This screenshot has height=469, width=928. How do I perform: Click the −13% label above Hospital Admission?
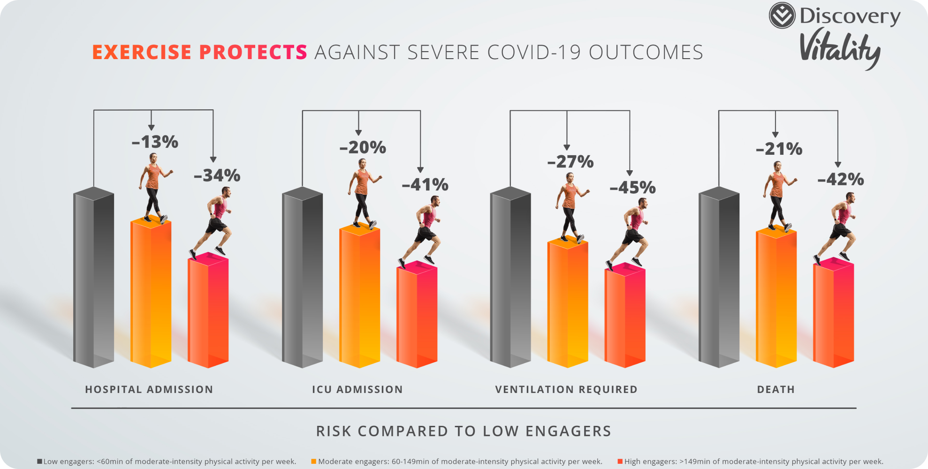click(x=155, y=142)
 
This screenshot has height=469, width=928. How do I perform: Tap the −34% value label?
click(x=217, y=175)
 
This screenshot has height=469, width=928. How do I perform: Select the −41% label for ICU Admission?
click(x=425, y=185)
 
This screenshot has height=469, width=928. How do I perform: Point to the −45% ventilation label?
click(x=632, y=188)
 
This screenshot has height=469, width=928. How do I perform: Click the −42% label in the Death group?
click(x=841, y=179)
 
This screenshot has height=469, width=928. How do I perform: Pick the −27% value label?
click(x=570, y=162)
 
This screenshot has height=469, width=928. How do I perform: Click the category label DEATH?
click(x=776, y=389)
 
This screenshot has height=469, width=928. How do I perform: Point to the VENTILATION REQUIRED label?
click(x=566, y=389)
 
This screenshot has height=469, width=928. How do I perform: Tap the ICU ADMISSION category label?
click(x=358, y=389)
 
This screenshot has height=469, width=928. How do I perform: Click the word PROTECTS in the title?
click(x=253, y=52)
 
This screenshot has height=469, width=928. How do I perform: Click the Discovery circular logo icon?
click(x=782, y=15)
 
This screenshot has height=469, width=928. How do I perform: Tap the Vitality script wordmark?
click(x=840, y=48)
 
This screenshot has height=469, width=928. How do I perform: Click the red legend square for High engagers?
click(x=620, y=461)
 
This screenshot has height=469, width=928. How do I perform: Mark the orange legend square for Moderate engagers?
click(x=313, y=461)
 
